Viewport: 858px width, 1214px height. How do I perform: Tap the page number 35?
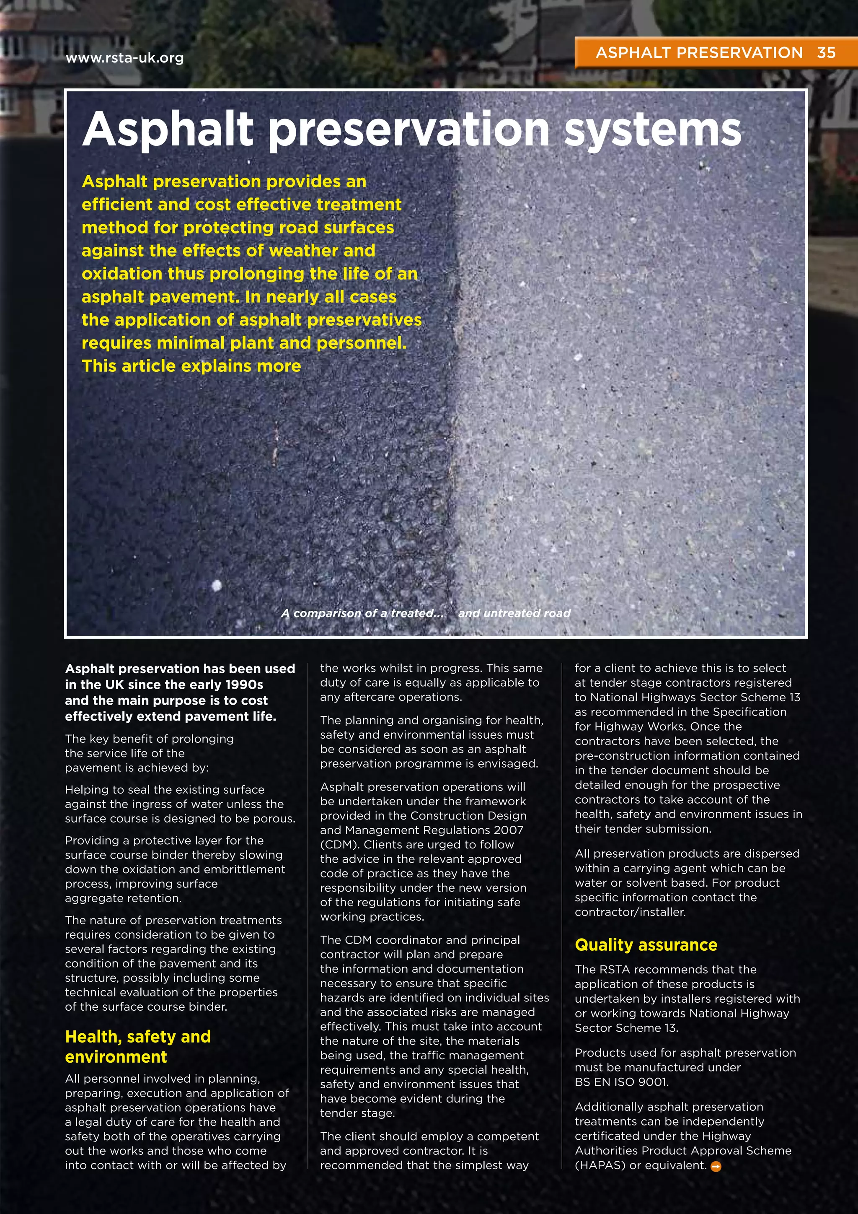[826, 52]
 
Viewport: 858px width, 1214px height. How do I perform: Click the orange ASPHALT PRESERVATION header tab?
[698, 52]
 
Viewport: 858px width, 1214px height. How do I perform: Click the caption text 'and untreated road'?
[514, 613]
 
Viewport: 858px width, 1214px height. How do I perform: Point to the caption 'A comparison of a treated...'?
[362, 613]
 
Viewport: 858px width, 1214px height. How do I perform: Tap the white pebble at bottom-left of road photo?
[216, 585]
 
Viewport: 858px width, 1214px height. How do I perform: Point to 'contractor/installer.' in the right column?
[630, 912]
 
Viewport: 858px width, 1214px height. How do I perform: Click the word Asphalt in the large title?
[168, 130]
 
